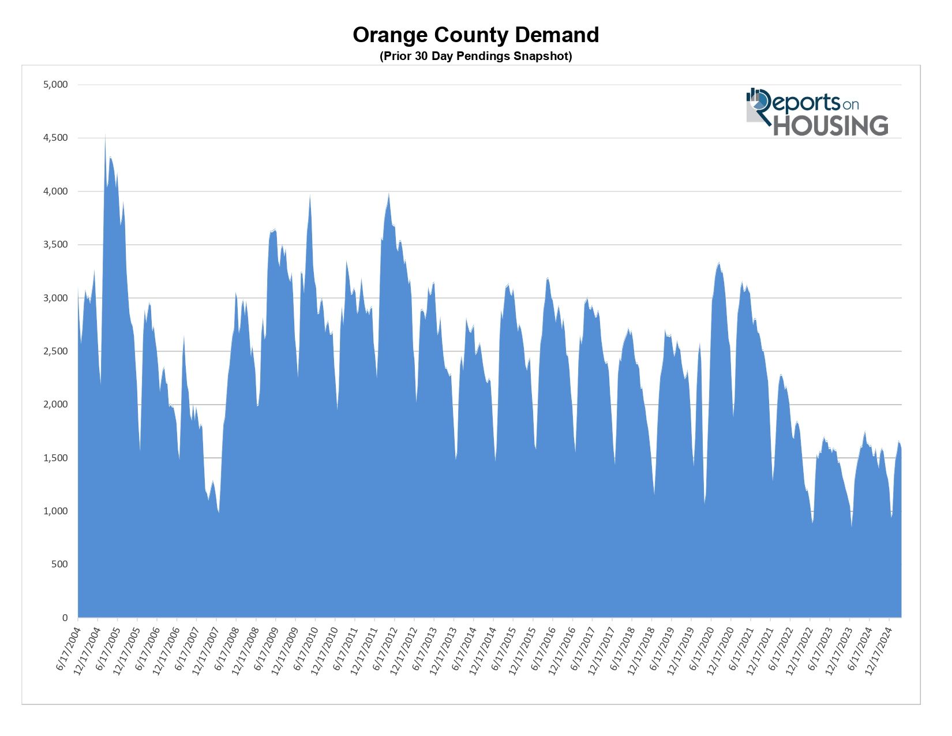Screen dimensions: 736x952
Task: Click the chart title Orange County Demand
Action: (475, 35)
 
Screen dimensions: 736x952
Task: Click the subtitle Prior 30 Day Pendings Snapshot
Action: (475, 56)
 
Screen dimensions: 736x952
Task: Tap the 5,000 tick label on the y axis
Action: (55, 85)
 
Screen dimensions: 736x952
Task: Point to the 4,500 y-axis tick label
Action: (55, 138)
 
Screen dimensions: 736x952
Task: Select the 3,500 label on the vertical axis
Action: (55, 245)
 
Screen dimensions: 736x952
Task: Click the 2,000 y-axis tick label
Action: (55, 405)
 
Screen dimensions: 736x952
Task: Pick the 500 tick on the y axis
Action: (59, 565)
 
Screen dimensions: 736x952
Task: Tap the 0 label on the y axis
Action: (65, 618)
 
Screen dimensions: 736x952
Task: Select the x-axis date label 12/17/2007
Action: (205, 649)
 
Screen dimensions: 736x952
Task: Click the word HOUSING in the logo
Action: (830, 126)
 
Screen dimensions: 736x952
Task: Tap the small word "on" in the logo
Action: (850, 105)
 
